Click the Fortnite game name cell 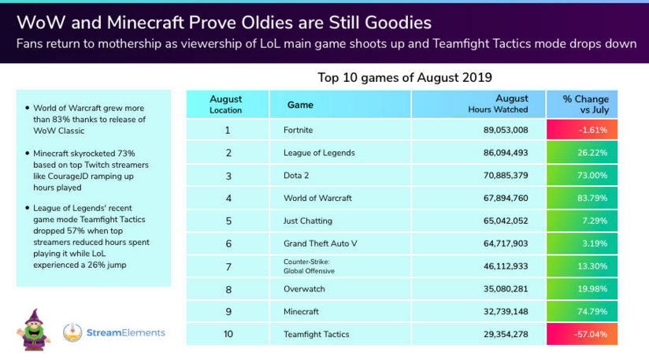point(299,129)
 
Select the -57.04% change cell point(582,335)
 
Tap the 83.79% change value point(582,198)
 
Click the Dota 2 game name point(295,175)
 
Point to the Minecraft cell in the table point(301,312)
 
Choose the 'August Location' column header point(226,104)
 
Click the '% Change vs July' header point(582,104)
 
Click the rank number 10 point(228,335)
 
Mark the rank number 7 point(228,266)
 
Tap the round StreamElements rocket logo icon point(72,332)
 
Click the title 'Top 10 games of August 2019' point(405,77)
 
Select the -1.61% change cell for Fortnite point(582,129)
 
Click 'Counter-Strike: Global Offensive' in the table point(309,266)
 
